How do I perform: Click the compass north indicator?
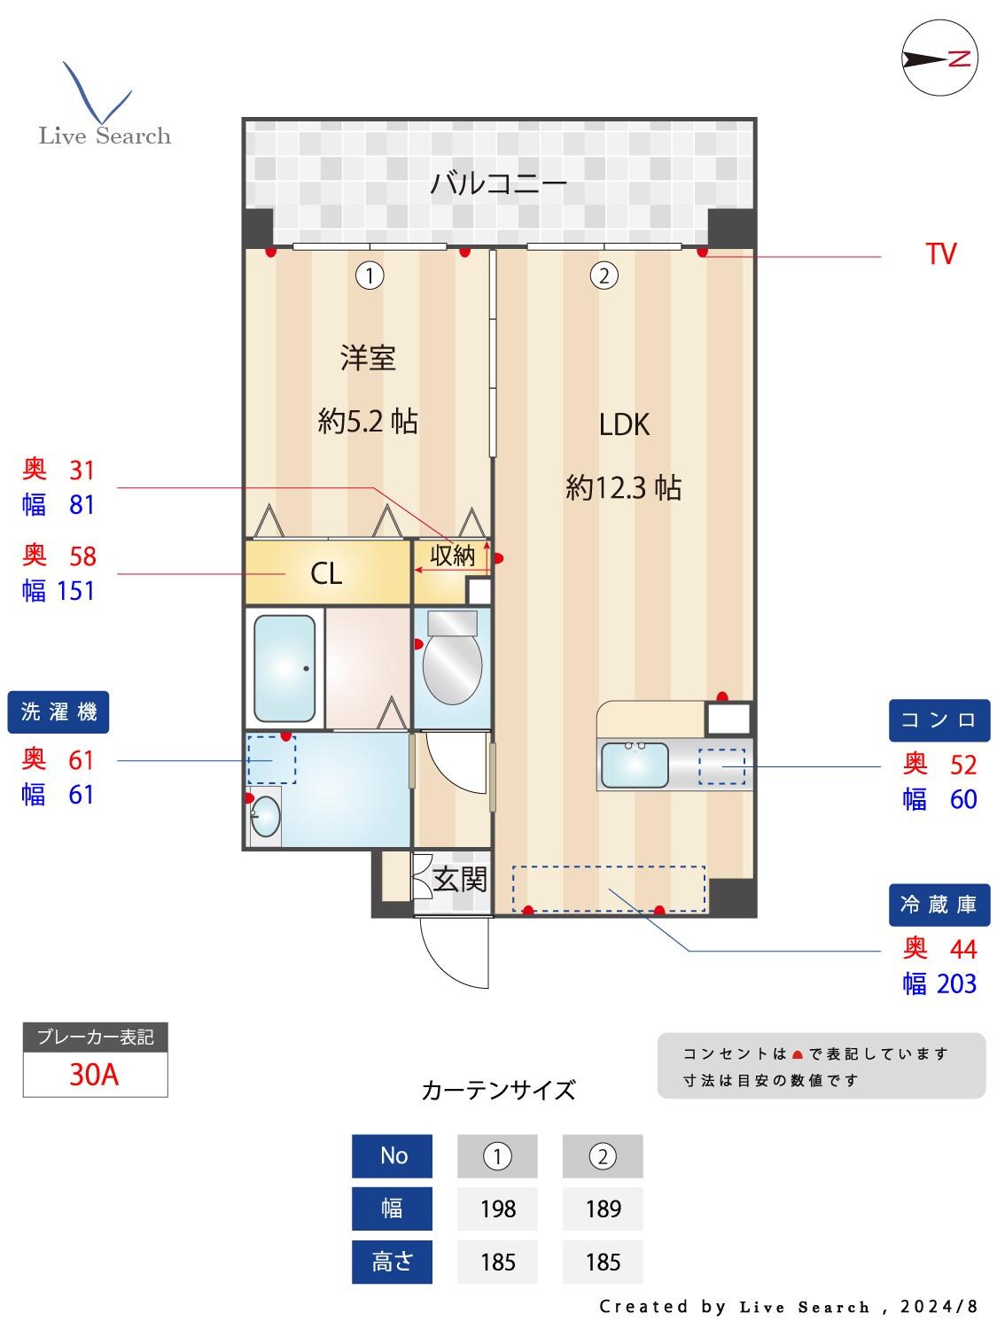(939, 58)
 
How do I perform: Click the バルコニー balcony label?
(498, 184)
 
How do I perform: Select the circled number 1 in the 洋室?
(370, 276)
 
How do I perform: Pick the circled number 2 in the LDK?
(604, 276)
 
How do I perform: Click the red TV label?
(940, 254)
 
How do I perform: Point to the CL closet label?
(325, 574)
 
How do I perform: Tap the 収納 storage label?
(452, 556)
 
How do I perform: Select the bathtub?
(284, 668)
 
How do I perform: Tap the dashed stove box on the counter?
(721, 766)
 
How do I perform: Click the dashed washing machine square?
(271, 759)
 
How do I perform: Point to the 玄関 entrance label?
(460, 880)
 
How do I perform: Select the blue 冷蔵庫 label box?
(939, 905)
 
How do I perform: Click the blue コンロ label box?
(939, 720)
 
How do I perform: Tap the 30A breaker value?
(95, 1075)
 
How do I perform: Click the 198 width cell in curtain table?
(497, 1209)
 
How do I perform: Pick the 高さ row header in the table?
(392, 1262)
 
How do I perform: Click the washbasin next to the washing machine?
(264, 817)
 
